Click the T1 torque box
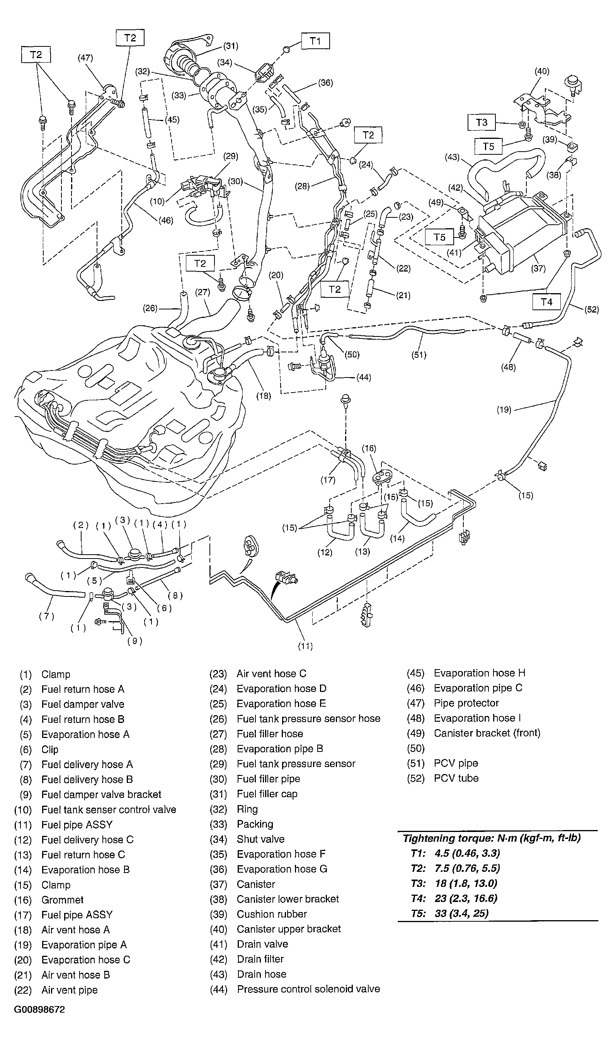click(315, 41)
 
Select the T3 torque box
click(481, 122)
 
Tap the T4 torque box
click(546, 302)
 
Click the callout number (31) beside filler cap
click(230, 46)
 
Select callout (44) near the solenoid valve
click(364, 377)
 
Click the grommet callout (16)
click(369, 448)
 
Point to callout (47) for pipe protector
click(85, 58)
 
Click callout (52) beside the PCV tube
click(592, 309)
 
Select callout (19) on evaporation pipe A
click(504, 410)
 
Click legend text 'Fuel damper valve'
click(83, 704)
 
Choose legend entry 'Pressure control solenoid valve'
click(308, 989)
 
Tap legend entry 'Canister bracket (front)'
click(487, 733)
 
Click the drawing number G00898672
click(39, 1010)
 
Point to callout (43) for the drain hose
click(452, 157)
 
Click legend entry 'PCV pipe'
click(456, 763)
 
